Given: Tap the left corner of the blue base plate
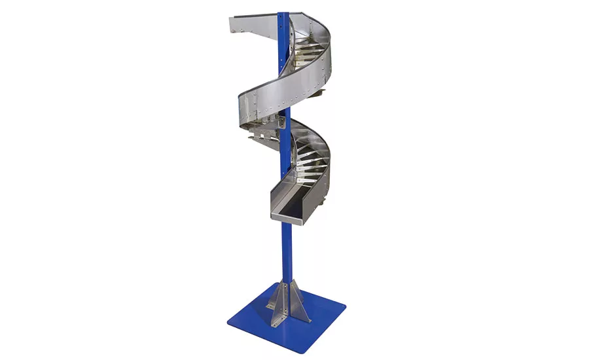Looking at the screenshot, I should click(x=228, y=320).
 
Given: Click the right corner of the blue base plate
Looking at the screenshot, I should click(x=343, y=304).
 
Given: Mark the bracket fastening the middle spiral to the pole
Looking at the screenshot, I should click(x=281, y=120).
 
